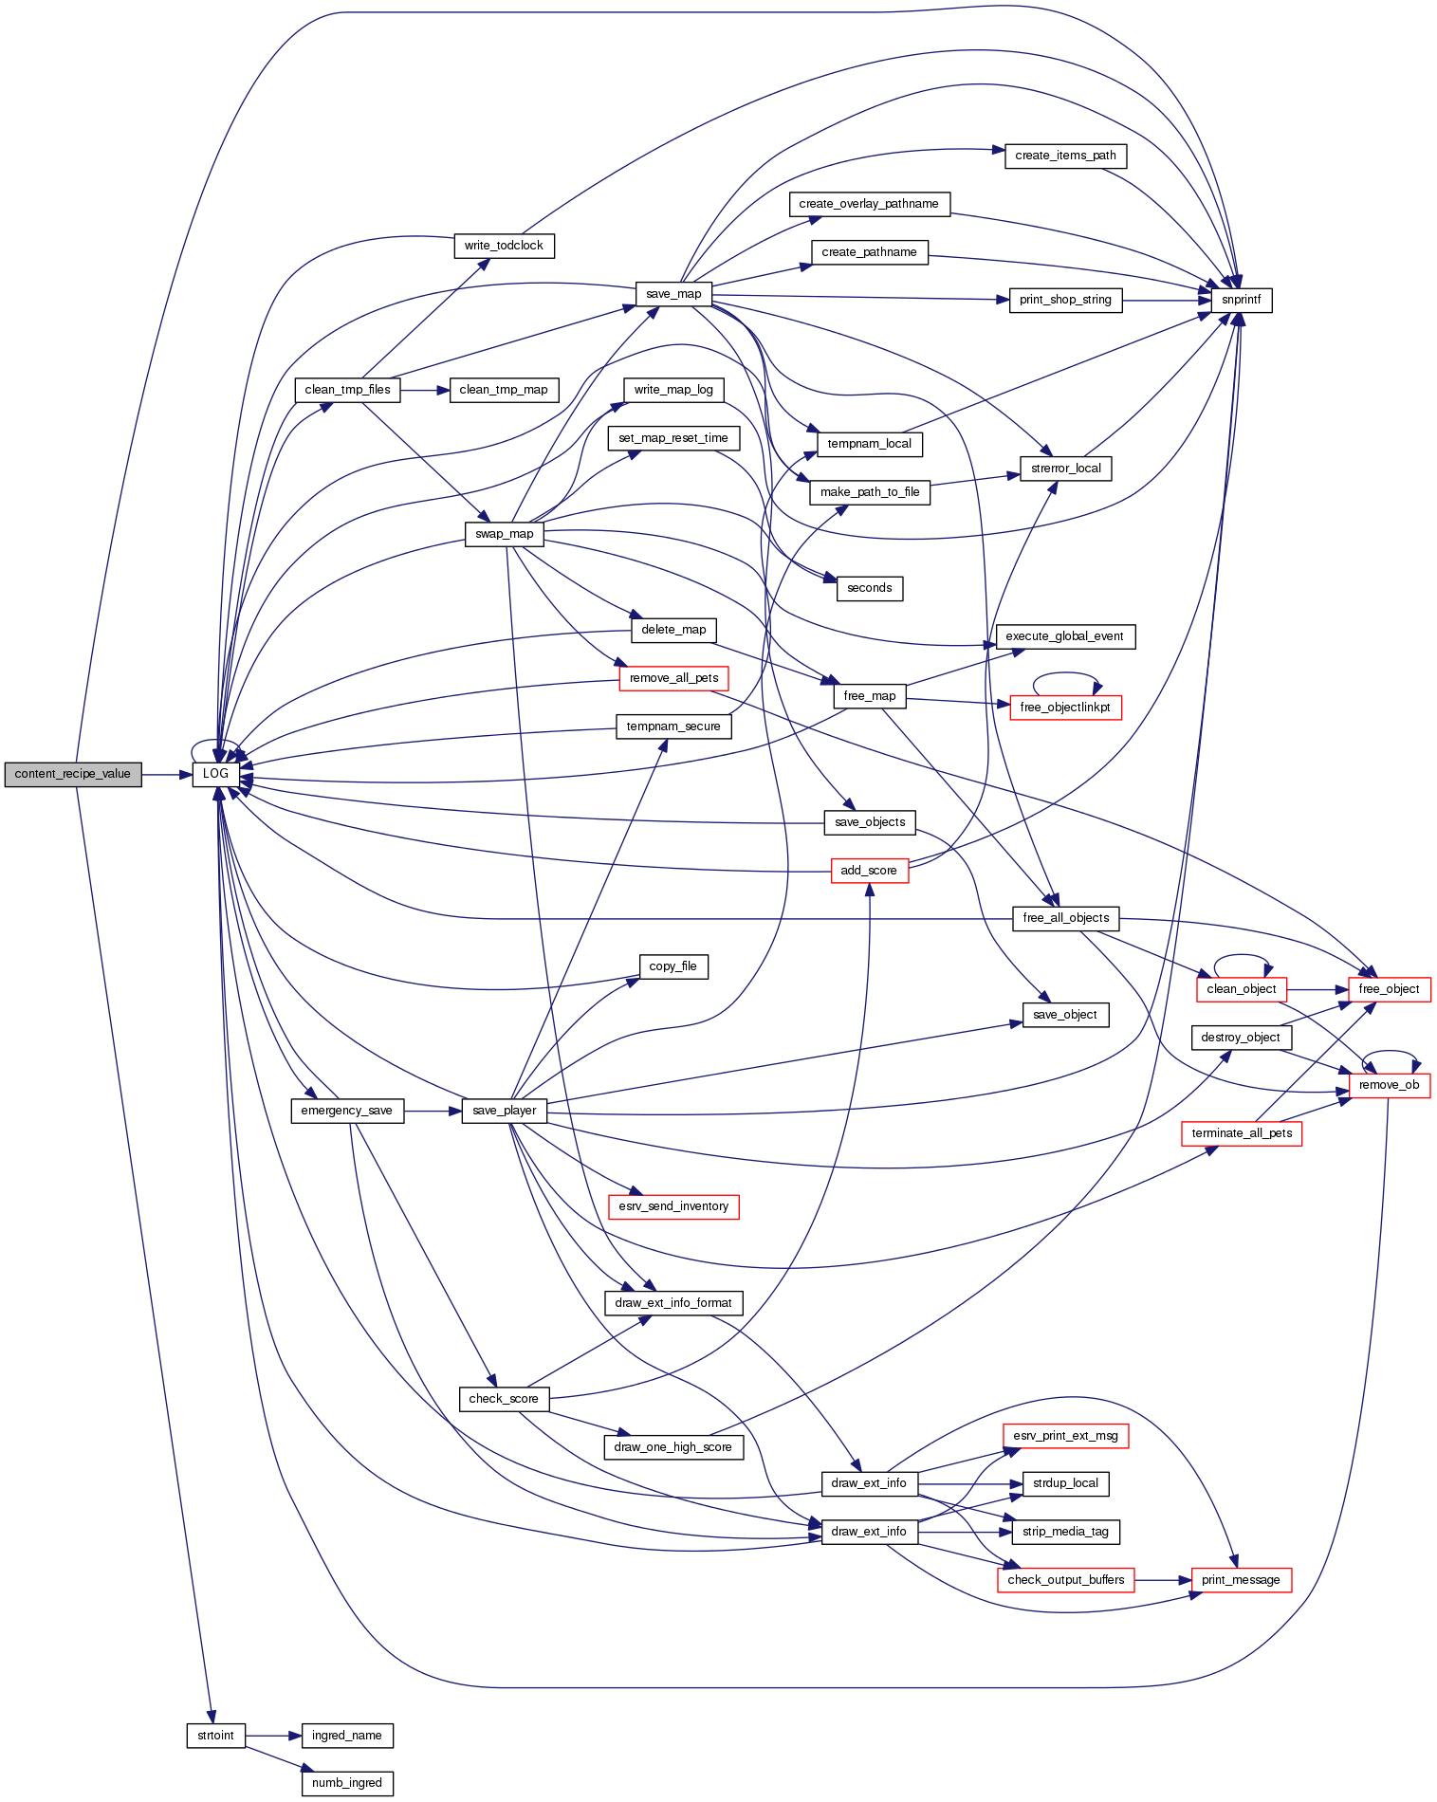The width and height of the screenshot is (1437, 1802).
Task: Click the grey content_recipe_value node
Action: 73,774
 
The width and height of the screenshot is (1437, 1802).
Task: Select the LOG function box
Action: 215,774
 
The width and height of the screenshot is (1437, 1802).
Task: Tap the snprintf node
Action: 1241,300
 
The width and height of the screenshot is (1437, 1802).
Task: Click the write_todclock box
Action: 504,246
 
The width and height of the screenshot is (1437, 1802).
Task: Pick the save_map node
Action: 673,294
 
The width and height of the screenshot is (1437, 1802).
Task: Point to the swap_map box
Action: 505,534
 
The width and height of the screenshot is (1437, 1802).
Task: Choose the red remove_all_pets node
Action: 673,678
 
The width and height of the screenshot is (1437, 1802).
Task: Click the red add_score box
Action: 869,871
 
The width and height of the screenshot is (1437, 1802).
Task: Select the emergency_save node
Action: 346,1111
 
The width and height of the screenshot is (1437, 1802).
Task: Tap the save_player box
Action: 505,1111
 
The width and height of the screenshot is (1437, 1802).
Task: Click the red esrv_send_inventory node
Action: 673,1206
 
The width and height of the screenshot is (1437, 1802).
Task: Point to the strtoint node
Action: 215,1736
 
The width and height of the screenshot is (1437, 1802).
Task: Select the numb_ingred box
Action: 346,1783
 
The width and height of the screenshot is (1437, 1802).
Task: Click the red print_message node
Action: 1241,1580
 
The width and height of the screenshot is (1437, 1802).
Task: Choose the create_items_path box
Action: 1065,156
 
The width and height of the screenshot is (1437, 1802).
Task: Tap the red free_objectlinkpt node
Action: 1065,708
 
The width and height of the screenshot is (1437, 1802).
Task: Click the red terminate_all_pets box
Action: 1242,1133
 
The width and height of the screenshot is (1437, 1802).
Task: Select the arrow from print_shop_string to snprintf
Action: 1167,300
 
